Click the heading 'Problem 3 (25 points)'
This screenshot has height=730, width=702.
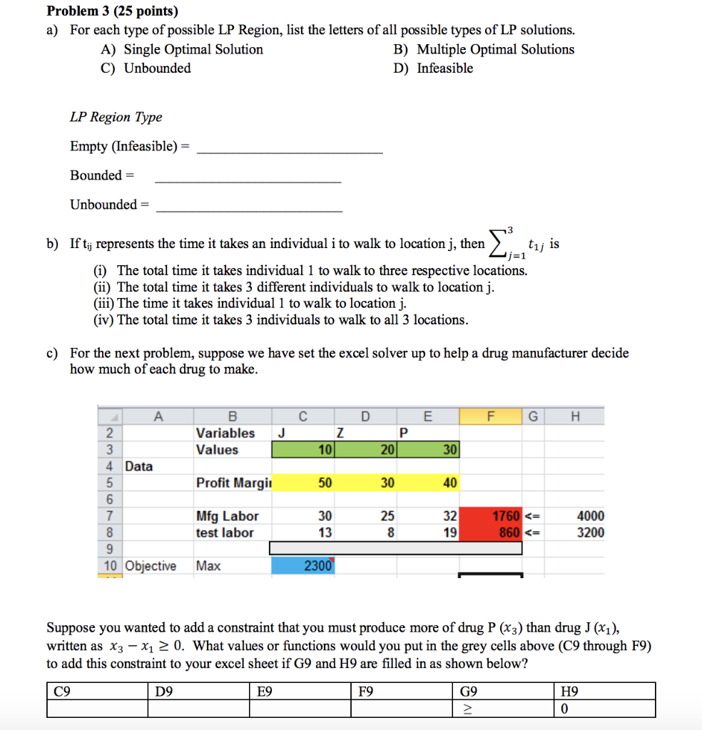(112, 11)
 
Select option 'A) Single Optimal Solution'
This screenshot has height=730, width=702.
(183, 49)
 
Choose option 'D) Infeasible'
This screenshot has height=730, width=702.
(433, 68)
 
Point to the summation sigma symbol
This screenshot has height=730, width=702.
(500, 245)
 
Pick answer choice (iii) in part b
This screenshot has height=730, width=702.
(250, 304)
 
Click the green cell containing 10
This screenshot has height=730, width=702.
(303, 450)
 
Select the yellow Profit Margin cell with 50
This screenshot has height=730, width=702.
(303, 483)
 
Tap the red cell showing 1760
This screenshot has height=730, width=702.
(492, 516)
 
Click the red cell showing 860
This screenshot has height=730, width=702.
(492, 533)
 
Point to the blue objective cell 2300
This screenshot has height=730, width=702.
(303, 566)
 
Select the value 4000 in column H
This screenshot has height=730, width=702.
(589, 516)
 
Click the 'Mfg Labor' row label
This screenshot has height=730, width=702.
(227, 516)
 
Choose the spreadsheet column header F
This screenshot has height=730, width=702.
(489, 415)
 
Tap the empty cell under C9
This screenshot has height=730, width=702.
(97, 709)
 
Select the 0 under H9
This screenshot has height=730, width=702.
(565, 709)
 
